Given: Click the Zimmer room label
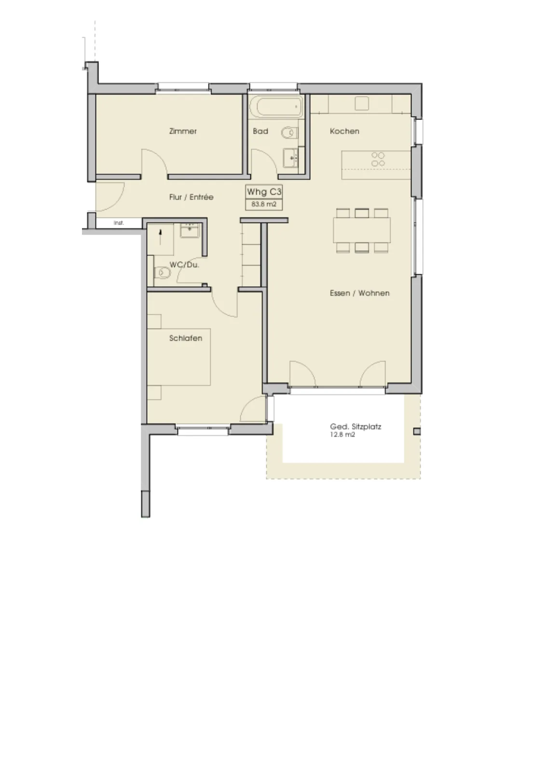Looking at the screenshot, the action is tap(183, 131).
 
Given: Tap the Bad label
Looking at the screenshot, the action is tap(260, 131).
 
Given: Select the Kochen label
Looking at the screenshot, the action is tap(344, 131).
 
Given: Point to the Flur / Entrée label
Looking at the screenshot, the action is tap(191, 197).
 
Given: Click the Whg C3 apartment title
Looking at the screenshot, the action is tap(264, 192).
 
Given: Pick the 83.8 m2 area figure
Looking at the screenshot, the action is tap(264, 204).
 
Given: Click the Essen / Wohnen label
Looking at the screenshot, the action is tap(360, 293).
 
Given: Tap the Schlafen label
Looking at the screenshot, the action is tap(185, 338).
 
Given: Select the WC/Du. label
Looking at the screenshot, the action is tap(184, 265).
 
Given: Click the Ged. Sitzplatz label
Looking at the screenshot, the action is tap(355, 427).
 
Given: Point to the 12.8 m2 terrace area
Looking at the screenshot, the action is tap(342, 435).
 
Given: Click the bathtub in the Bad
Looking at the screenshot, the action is tap(276, 106).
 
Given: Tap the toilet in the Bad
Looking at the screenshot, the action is tap(290, 133).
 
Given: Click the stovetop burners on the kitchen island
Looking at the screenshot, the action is tap(378, 160).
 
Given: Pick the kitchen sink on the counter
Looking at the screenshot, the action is tap(362, 103).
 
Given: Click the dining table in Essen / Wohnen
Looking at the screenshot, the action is tap(362, 230).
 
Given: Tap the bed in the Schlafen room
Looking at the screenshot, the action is tap(179, 357).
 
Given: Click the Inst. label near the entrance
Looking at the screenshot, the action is tap(119, 223).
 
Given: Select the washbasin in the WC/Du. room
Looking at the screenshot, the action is tap(190, 230).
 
